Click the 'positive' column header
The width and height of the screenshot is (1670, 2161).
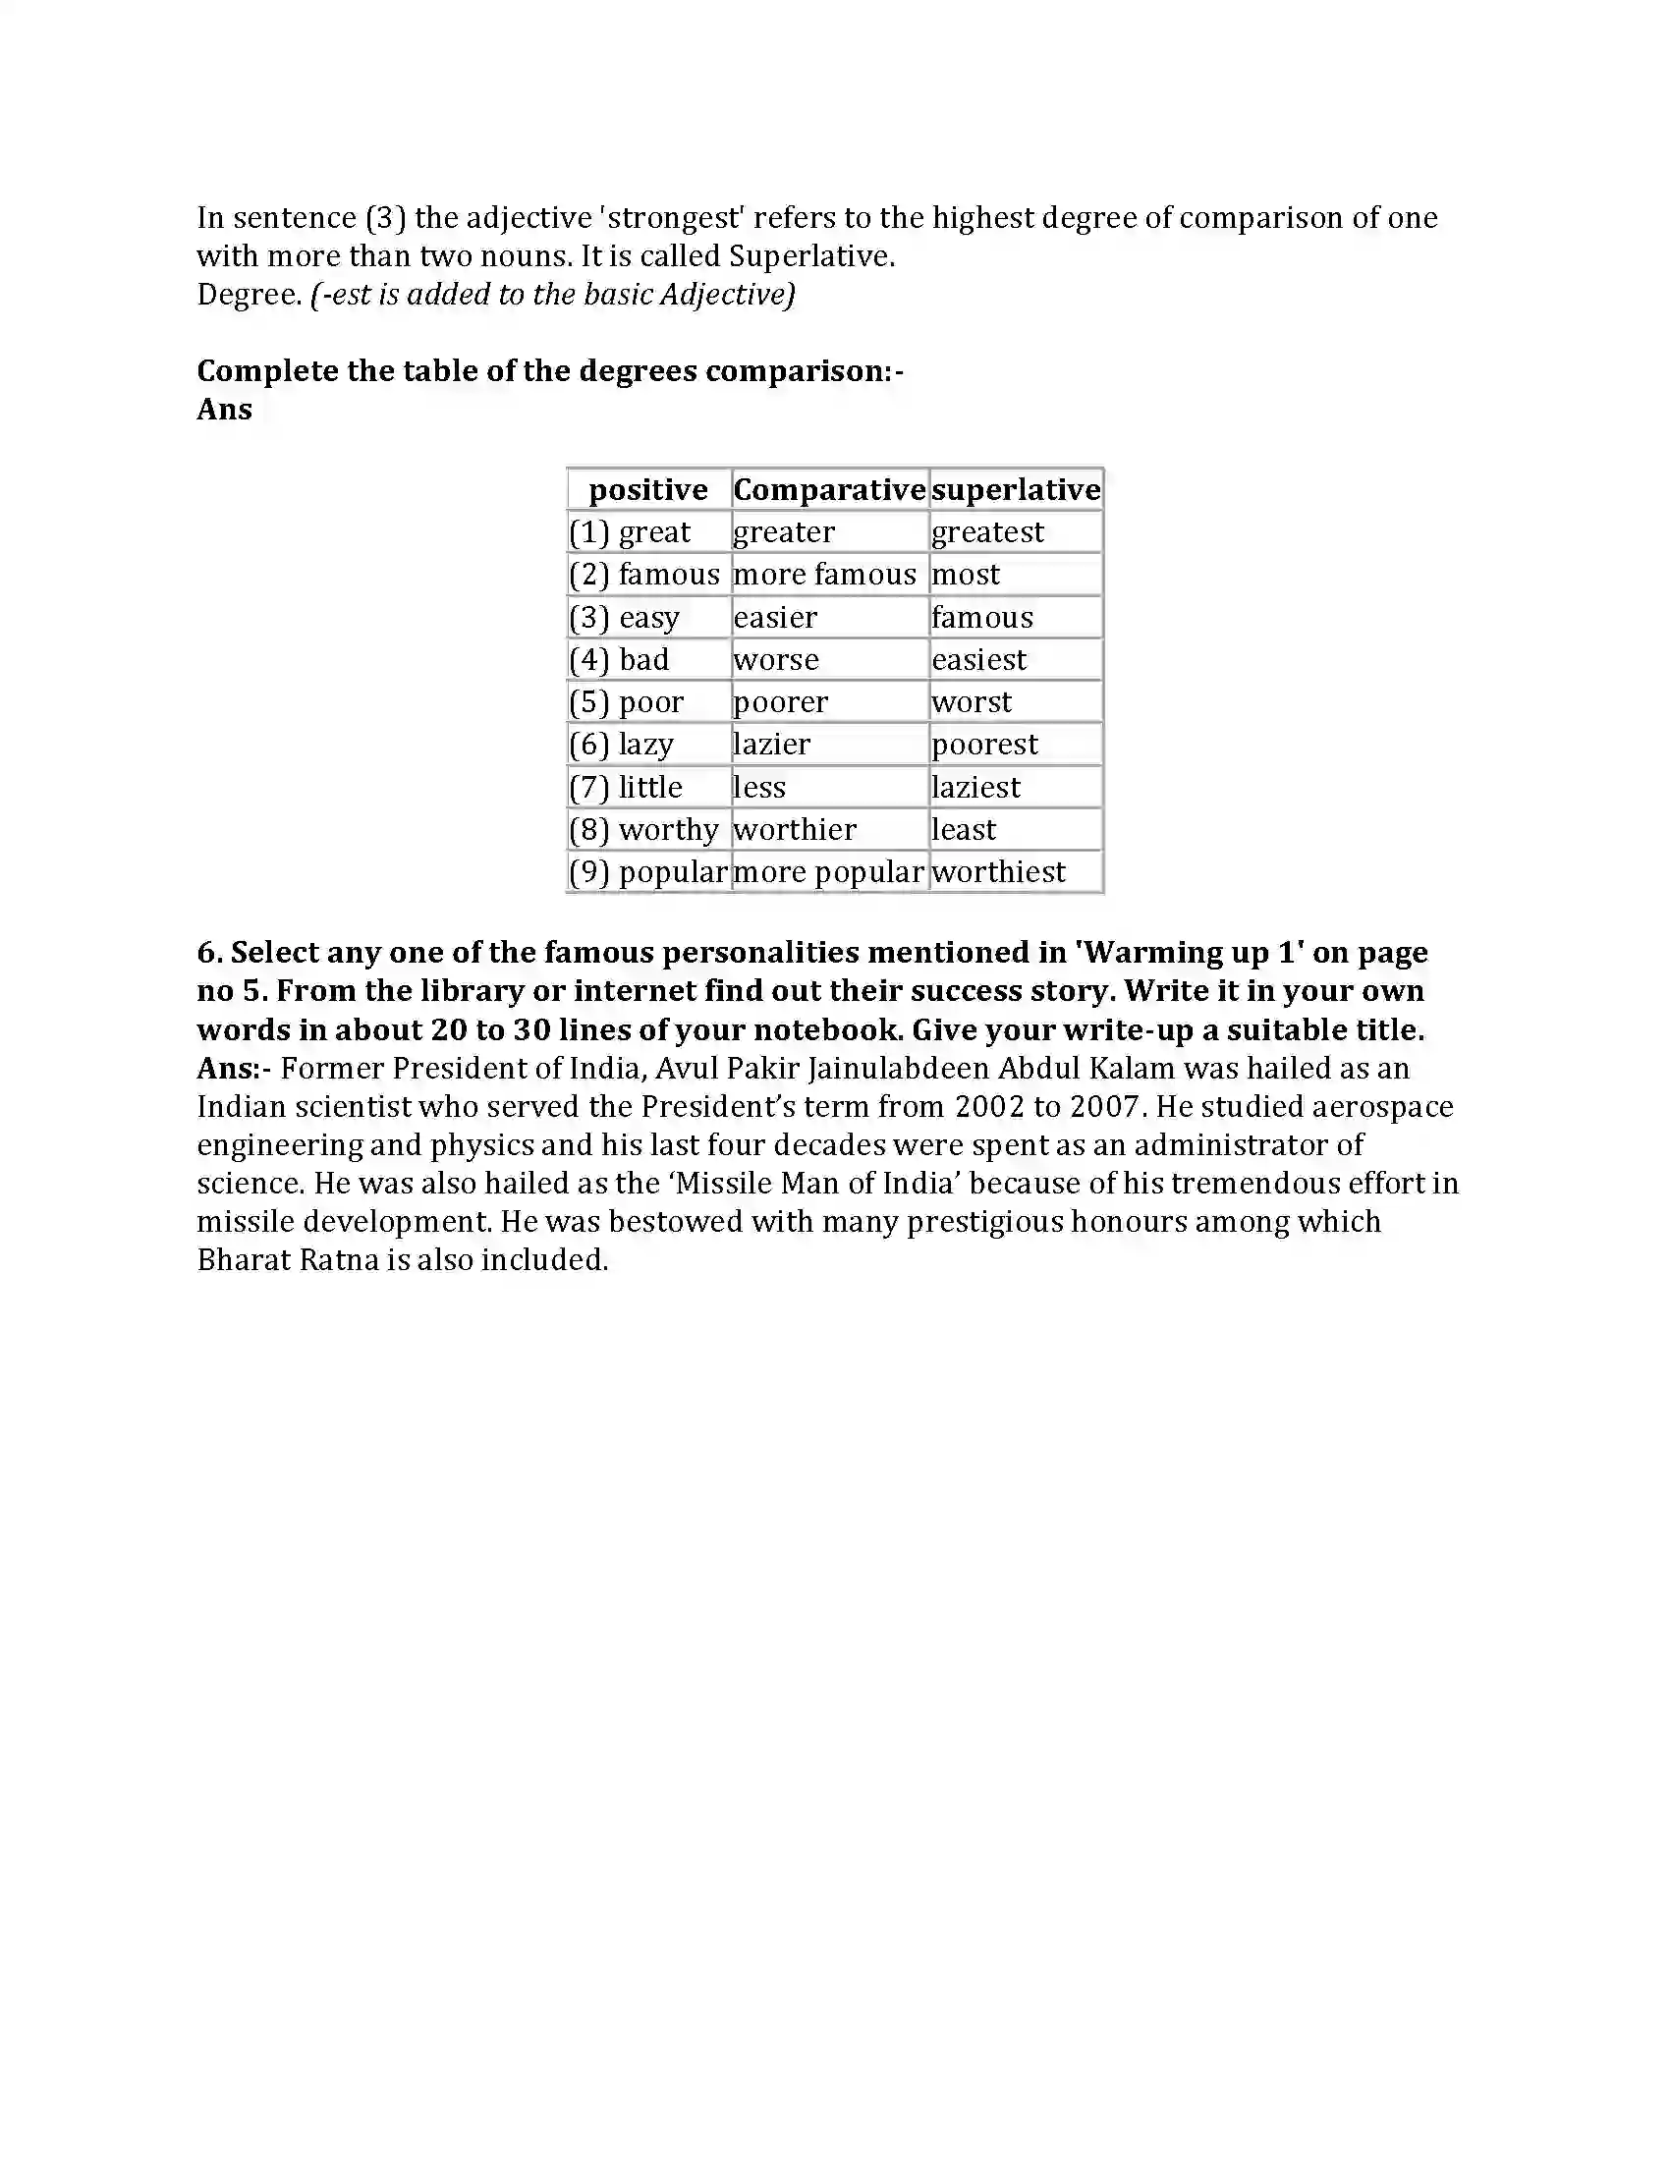click(x=648, y=490)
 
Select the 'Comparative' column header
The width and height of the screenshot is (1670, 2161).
click(x=829, y=490)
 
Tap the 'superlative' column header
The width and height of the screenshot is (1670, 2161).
click(x=1016, y=490)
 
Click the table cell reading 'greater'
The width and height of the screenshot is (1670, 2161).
click(x=784, y=532)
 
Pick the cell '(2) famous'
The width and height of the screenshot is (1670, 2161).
click(x=644, y=575)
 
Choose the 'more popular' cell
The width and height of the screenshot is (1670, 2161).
click(x=828, y=871)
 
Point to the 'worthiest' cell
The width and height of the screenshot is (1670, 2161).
click(x=998, y=871)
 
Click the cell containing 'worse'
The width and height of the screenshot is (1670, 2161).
click(x=776, y=660)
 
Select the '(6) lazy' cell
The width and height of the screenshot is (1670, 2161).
click(x=621, y=745)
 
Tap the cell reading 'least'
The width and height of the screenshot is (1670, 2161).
click(x=964, y=829)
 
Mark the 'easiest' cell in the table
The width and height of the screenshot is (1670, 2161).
click(x=978, y=660)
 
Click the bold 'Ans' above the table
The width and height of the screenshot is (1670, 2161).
click(x=225, y=410)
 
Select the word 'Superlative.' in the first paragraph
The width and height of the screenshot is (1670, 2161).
click(x=811, y=256)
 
